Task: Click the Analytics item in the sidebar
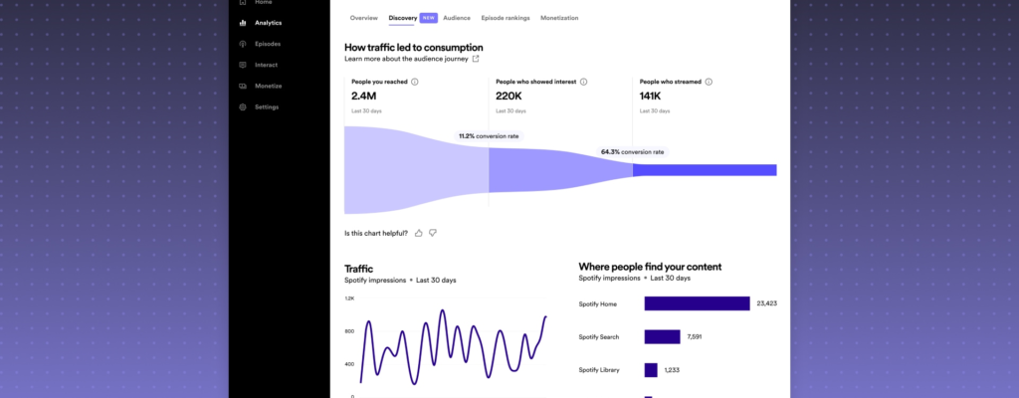268,23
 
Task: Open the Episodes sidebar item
267,44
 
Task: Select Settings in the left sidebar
266,106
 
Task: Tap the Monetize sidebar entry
268,86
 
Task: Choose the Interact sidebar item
266,65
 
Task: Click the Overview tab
363,18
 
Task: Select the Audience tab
457,18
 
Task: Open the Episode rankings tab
506,18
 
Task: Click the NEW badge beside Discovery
428,18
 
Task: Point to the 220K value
509,97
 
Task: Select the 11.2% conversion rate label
489,136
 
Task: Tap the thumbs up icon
419,233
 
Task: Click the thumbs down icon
433,233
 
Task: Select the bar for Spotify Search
662,337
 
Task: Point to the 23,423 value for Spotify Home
766,303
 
